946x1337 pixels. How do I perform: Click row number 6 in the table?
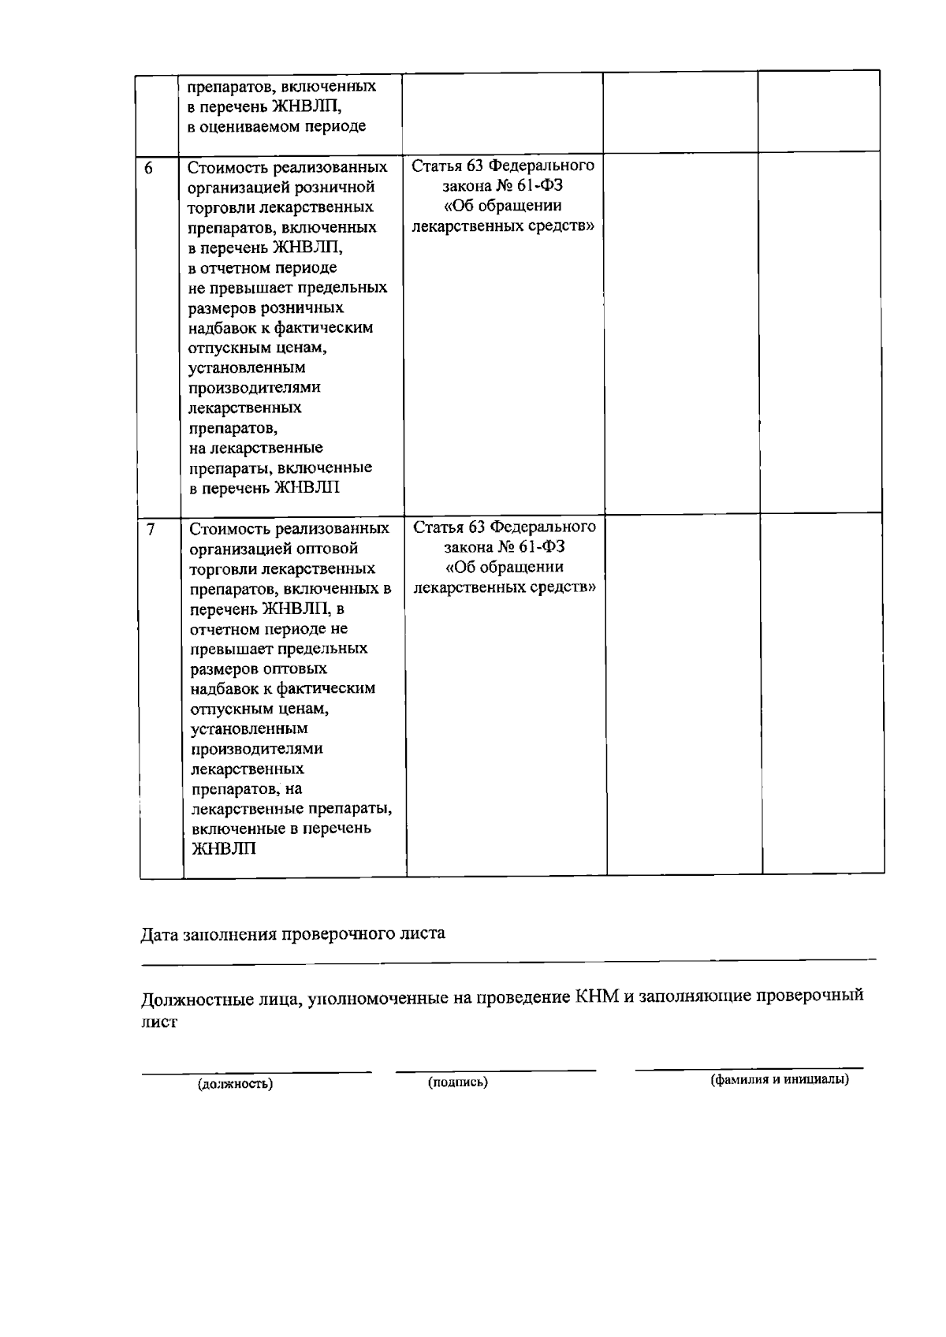148,168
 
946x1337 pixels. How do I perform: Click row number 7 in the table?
150,529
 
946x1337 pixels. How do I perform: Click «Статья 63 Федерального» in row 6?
503,166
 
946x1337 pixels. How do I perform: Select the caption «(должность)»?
235,1084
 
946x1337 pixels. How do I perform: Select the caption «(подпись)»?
458,1082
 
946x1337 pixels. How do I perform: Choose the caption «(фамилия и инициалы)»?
780,1080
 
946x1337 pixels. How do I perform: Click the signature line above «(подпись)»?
495,1070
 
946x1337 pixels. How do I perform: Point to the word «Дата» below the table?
160,934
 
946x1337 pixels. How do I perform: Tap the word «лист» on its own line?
159,1022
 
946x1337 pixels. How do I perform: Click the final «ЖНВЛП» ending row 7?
224,849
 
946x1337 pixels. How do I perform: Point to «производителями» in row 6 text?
255,388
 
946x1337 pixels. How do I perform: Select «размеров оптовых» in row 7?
259,668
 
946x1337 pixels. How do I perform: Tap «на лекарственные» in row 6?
256,448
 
